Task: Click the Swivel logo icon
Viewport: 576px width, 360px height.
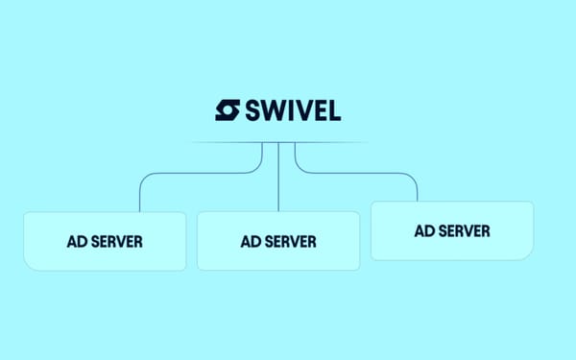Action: coord(228,110)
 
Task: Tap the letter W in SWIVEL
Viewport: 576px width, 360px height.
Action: coord(275,110)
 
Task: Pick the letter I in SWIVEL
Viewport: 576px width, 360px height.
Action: coord(293,110)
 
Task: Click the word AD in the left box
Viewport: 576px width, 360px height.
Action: coord(78,241)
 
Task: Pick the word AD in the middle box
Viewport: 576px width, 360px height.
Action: coord(251,241)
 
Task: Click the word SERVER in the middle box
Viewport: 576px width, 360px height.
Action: coord(291,241)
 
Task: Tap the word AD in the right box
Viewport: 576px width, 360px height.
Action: coord(424,230)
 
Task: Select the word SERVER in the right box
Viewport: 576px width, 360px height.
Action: coord(465,230)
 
